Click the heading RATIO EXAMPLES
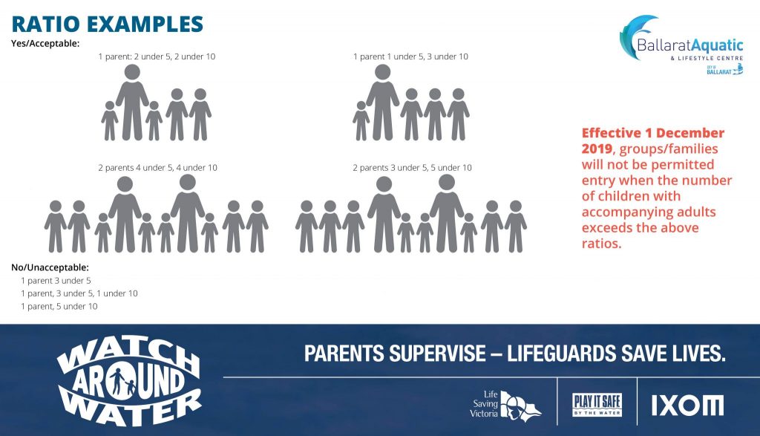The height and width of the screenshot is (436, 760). [107, 23]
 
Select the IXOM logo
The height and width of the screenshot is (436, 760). [687, 405]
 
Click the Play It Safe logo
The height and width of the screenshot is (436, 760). [597, 405]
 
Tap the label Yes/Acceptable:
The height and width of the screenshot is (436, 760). [45, 44]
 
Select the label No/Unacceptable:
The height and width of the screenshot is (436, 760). [50, 267]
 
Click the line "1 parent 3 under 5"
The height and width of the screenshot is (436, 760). [56, 281]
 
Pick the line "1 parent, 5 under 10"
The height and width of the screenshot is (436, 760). [59, 306]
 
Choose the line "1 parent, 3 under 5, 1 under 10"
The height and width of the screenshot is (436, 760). [79, 293]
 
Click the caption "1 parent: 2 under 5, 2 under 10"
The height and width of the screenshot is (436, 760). [157, 56]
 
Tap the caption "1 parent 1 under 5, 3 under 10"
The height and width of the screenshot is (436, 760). [410, 56]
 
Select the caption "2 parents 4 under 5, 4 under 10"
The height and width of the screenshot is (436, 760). [158, 168]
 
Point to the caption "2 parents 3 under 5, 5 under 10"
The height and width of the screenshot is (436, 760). [412, 168]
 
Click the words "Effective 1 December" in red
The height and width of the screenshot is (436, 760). [653, 133]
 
